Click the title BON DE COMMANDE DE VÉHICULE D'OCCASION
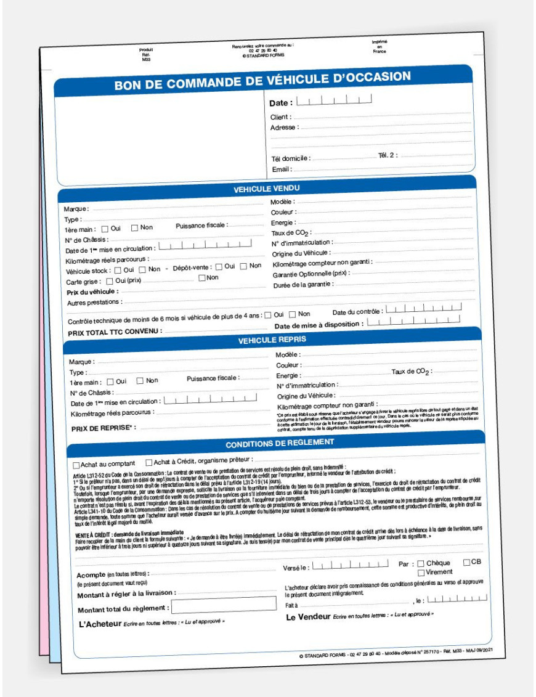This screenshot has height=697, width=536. [x=262, y=81]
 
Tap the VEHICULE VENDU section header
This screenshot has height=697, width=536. [x=267, y=189]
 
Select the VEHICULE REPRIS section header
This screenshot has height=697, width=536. [x=272, y=340]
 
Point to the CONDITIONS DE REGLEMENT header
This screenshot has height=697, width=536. [x=280, y=442]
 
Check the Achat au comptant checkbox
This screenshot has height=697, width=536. [x=76, y=465]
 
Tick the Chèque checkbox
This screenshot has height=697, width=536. [x=421, y=563]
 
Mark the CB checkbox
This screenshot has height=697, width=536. [x=466, y=562]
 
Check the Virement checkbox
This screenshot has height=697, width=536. [x=421, y=573]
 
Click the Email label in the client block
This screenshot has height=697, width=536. [x=281, y=169]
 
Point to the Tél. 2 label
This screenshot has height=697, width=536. [x=388, y=155]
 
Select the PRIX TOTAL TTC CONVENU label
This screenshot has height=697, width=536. [x=114, y=332]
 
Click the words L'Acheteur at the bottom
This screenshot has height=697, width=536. [x=100, y=624]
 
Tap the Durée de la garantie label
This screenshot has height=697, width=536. [x=303, y=284]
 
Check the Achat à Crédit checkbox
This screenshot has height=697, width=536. [x=149, y=462]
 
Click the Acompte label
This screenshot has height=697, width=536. [x=91, y=574]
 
